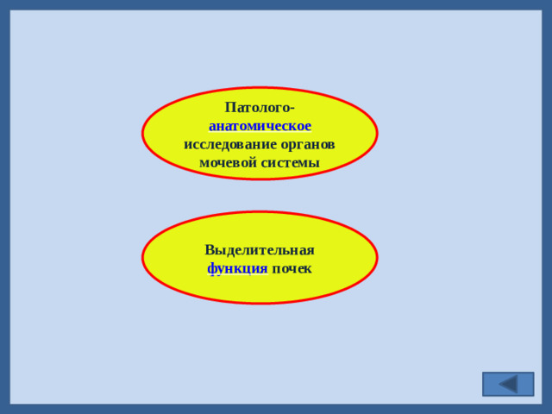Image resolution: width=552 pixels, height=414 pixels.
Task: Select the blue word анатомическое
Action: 260,126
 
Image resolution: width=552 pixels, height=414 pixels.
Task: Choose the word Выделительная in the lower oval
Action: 260,250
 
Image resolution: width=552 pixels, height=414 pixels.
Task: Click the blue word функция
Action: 237,268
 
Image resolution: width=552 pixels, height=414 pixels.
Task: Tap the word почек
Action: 292,268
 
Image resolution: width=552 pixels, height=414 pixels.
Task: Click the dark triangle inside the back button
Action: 509,384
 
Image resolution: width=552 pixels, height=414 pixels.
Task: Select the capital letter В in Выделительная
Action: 210,250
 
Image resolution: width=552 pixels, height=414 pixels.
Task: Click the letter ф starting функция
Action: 211,269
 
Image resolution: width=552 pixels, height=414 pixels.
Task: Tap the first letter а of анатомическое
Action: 212,127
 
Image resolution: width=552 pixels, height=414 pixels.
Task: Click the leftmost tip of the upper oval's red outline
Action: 142,134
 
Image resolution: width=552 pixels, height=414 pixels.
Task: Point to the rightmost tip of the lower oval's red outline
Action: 377,258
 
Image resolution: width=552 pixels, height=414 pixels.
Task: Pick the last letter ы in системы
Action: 314,163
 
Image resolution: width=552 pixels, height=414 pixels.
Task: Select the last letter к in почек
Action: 308,269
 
